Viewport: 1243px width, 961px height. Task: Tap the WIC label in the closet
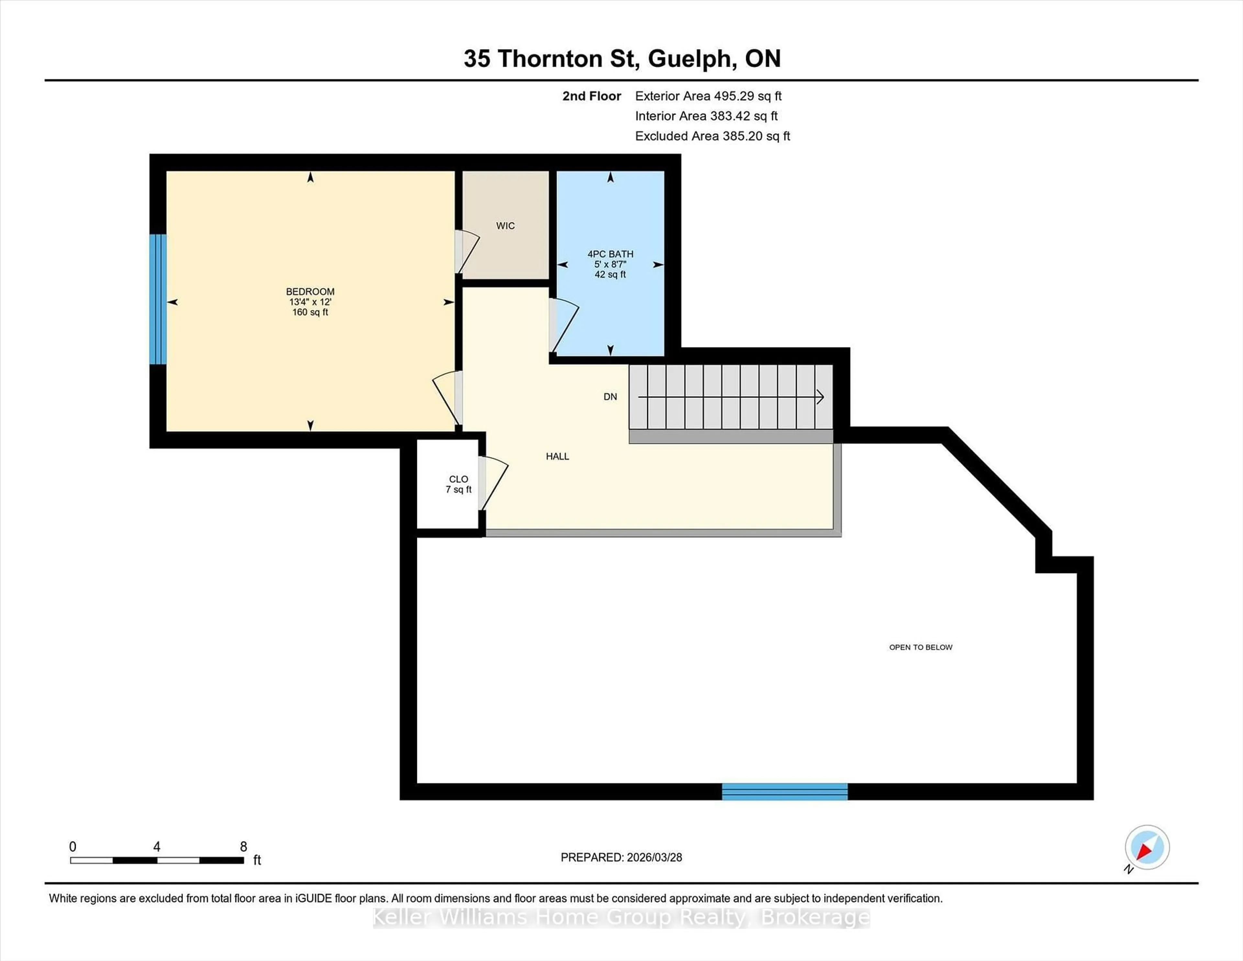point(505,226)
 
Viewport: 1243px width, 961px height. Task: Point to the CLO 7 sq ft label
point(458,484)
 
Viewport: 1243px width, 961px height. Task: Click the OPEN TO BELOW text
point(920,647)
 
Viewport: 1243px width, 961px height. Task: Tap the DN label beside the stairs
point(610,397)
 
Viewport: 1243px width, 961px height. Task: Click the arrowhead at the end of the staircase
point(820,397)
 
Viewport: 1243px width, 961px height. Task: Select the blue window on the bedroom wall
point(158,299)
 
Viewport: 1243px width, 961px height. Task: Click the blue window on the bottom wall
point(784,791)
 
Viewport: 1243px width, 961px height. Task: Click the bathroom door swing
point(564,326)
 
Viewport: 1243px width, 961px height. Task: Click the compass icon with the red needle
point(1147,847)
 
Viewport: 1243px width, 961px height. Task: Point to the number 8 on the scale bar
point(244,847)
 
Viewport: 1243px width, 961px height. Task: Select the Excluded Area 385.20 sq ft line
point(712,136)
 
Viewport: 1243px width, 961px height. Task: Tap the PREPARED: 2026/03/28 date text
point(621,857)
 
